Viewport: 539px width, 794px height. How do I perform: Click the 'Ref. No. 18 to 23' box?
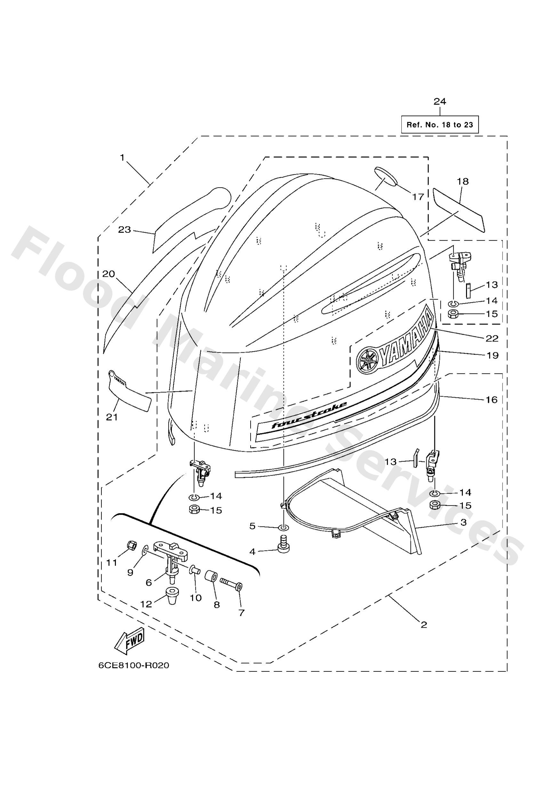coord(439,124)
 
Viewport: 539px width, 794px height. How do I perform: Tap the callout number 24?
coord(440,101)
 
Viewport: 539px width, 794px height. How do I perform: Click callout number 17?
coord(418,197)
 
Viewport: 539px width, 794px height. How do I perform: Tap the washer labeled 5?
coord(283,528)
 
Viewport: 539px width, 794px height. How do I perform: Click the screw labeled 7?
coord(231,585)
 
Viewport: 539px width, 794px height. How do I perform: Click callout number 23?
coord(125,229)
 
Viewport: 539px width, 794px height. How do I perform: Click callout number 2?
coord(423,625)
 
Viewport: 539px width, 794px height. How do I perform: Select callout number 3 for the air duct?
coord(463,522)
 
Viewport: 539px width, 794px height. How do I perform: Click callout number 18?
coord(463,181)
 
